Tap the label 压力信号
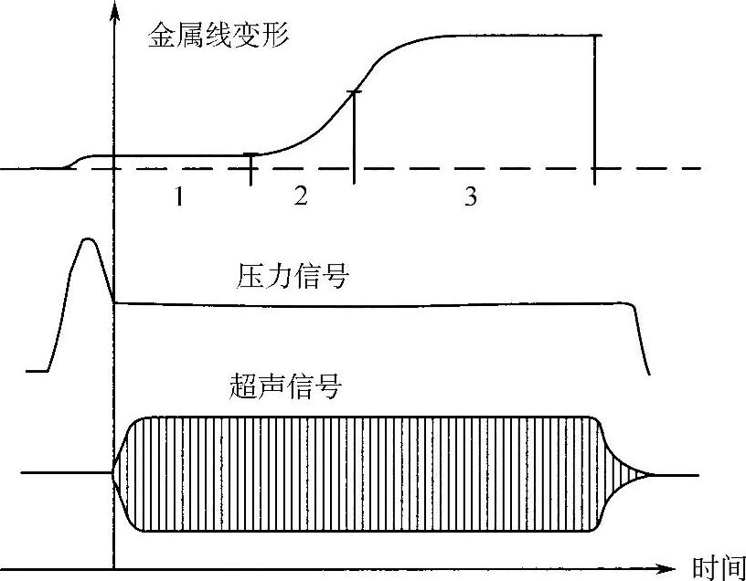coord(293,275)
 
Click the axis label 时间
coord(718,568)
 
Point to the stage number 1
coord(181,197)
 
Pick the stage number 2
coord(301,197)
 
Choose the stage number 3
coord(470,197)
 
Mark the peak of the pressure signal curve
coord(88,239)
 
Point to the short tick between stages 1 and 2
coord(251,167)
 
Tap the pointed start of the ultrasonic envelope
coord(117,473)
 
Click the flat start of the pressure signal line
coord(37,370)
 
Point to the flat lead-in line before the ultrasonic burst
coord(64,473)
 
